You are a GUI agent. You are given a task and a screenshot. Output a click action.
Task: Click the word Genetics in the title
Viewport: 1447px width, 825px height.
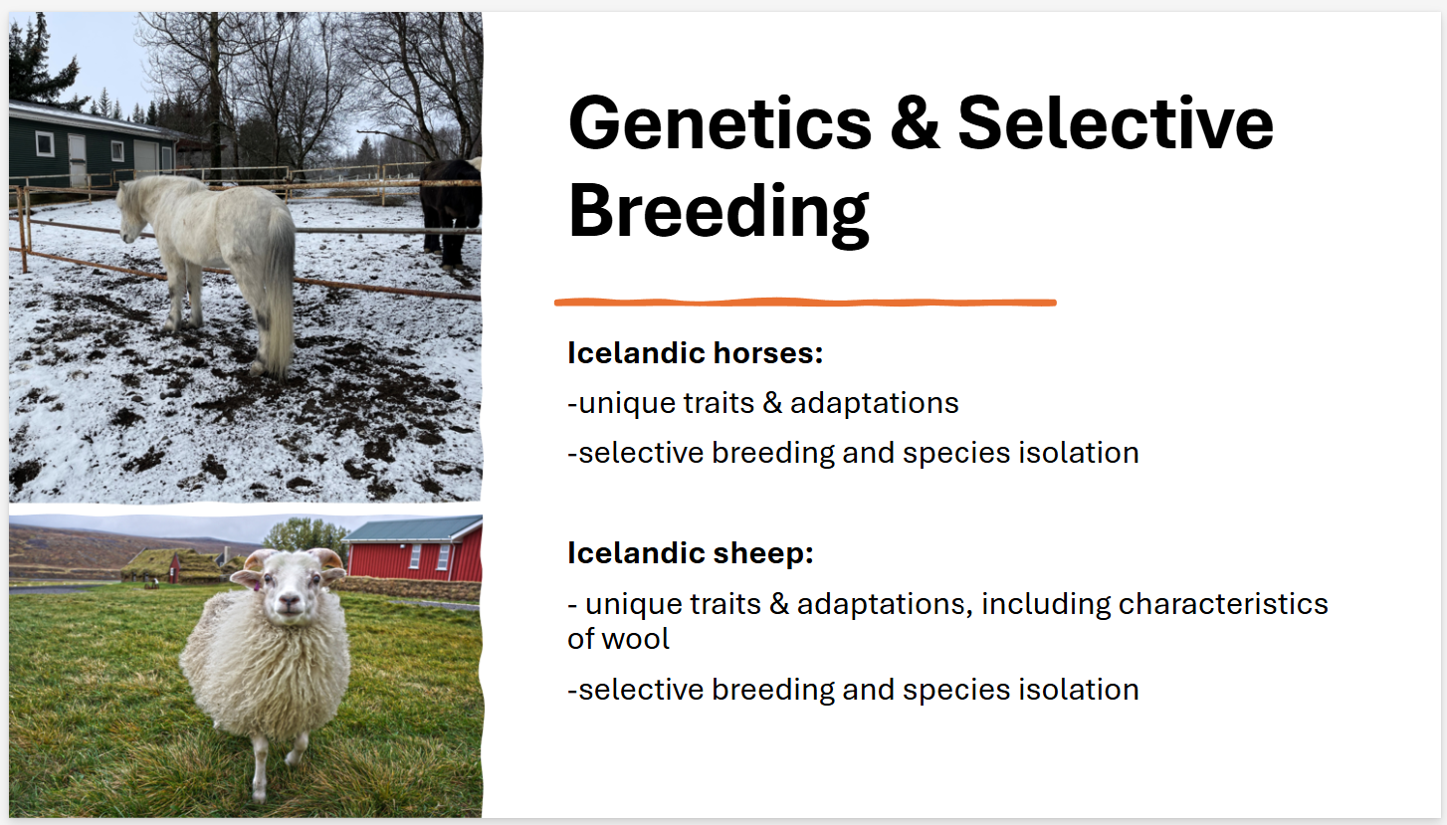coord(720,122)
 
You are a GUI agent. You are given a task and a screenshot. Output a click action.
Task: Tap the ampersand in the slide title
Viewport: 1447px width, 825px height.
coord(914,122)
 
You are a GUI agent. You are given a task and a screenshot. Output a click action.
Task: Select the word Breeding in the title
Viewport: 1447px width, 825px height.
coord(719,212)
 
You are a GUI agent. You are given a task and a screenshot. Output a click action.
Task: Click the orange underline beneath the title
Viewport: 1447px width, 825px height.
coord(805,302)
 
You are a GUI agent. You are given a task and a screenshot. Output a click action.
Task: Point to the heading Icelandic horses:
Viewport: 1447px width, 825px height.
coord(695,352)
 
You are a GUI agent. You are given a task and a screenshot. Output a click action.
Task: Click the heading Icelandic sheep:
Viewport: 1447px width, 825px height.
coord(691,553)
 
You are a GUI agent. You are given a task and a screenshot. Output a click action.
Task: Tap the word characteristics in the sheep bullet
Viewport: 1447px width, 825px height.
coord(1223,604)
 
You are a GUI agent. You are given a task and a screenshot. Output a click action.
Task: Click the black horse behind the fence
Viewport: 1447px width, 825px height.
coord(452,208)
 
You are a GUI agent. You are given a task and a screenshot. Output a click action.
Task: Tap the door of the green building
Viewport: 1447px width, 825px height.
coord(78,160)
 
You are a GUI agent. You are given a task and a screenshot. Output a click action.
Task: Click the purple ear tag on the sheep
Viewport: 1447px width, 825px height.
coord(257,586)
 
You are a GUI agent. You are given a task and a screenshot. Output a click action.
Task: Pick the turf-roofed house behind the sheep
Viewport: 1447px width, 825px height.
coord(170,565)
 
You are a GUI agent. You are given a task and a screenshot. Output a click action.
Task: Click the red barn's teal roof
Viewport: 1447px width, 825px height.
coord(413,527)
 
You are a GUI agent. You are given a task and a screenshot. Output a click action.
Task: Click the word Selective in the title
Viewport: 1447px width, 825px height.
coord(1116,122)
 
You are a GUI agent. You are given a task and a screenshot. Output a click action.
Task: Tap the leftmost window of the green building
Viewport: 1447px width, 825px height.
coord(45,143)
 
